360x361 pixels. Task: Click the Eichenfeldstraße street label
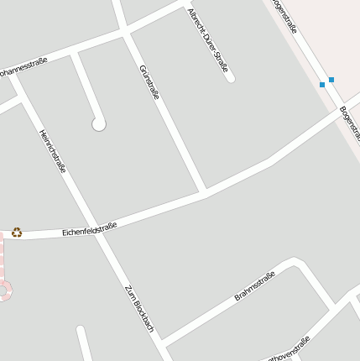[89, 228]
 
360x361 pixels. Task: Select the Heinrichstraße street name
[53, 151]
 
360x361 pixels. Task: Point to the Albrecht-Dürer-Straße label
[208, 40]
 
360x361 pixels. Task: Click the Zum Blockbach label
[139, 308]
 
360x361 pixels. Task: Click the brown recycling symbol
[17, 233]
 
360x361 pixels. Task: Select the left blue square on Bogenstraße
[322, 85]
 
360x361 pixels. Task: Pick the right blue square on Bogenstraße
[331, 80]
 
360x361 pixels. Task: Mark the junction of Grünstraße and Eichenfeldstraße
[203, 192]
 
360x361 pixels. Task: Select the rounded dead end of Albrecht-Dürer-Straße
[231, 80]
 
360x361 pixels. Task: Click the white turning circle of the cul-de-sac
[99, 124]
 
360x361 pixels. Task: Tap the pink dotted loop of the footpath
[3, 290]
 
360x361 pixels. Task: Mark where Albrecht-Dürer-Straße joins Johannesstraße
[183, 7]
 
